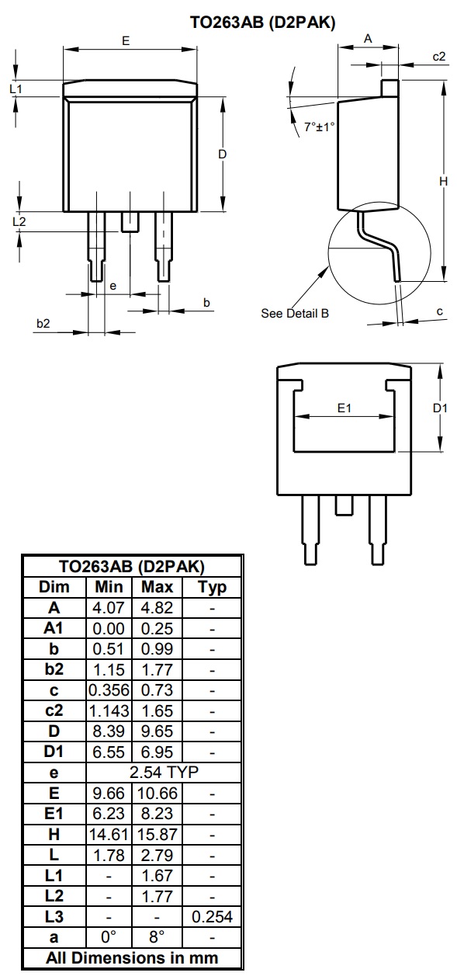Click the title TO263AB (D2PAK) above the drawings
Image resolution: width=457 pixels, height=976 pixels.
pyautogui.click(x=263, y=23)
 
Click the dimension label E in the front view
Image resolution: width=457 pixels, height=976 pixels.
pyautogui.click(x=126, y=41)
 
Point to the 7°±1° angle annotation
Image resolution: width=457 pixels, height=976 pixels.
pyautogui.click(x=318, y=127)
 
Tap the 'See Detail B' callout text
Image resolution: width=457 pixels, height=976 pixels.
pyautogui.click(x=295, y=313)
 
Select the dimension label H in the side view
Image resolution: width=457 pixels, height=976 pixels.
pyautogui.click(x=443, y=181)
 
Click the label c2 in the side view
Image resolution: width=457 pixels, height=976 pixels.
pyautogui.click(x=439, y=57)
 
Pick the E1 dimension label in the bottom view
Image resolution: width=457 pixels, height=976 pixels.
pyautogui.click(x=344, y=407)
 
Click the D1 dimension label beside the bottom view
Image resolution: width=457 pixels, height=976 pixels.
pyautogui.click(x=440, y=408)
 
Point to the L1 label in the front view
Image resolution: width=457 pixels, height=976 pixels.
pyautogui.click(x=16, y=89)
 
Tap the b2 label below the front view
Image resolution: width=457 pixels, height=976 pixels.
pyautogui.click(x=43, y=323)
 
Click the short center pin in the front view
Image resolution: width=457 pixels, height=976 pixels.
pyautogui.click(x=130, y=222)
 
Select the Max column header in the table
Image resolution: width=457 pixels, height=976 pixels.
pyautogui.click(x=157, y=587)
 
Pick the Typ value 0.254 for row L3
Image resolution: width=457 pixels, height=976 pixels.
pyautogui.click(x=212, y=917)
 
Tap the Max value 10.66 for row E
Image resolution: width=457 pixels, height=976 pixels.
pyautogui.click(x=157, y=792)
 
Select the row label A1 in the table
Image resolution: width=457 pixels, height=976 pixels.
pyautogui.click(x=54, y=628)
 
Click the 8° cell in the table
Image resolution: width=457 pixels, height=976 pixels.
pyautogui.click(x=157, y=937)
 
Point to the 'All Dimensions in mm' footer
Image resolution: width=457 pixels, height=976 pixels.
pyautogui.click(x=132, y=957)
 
